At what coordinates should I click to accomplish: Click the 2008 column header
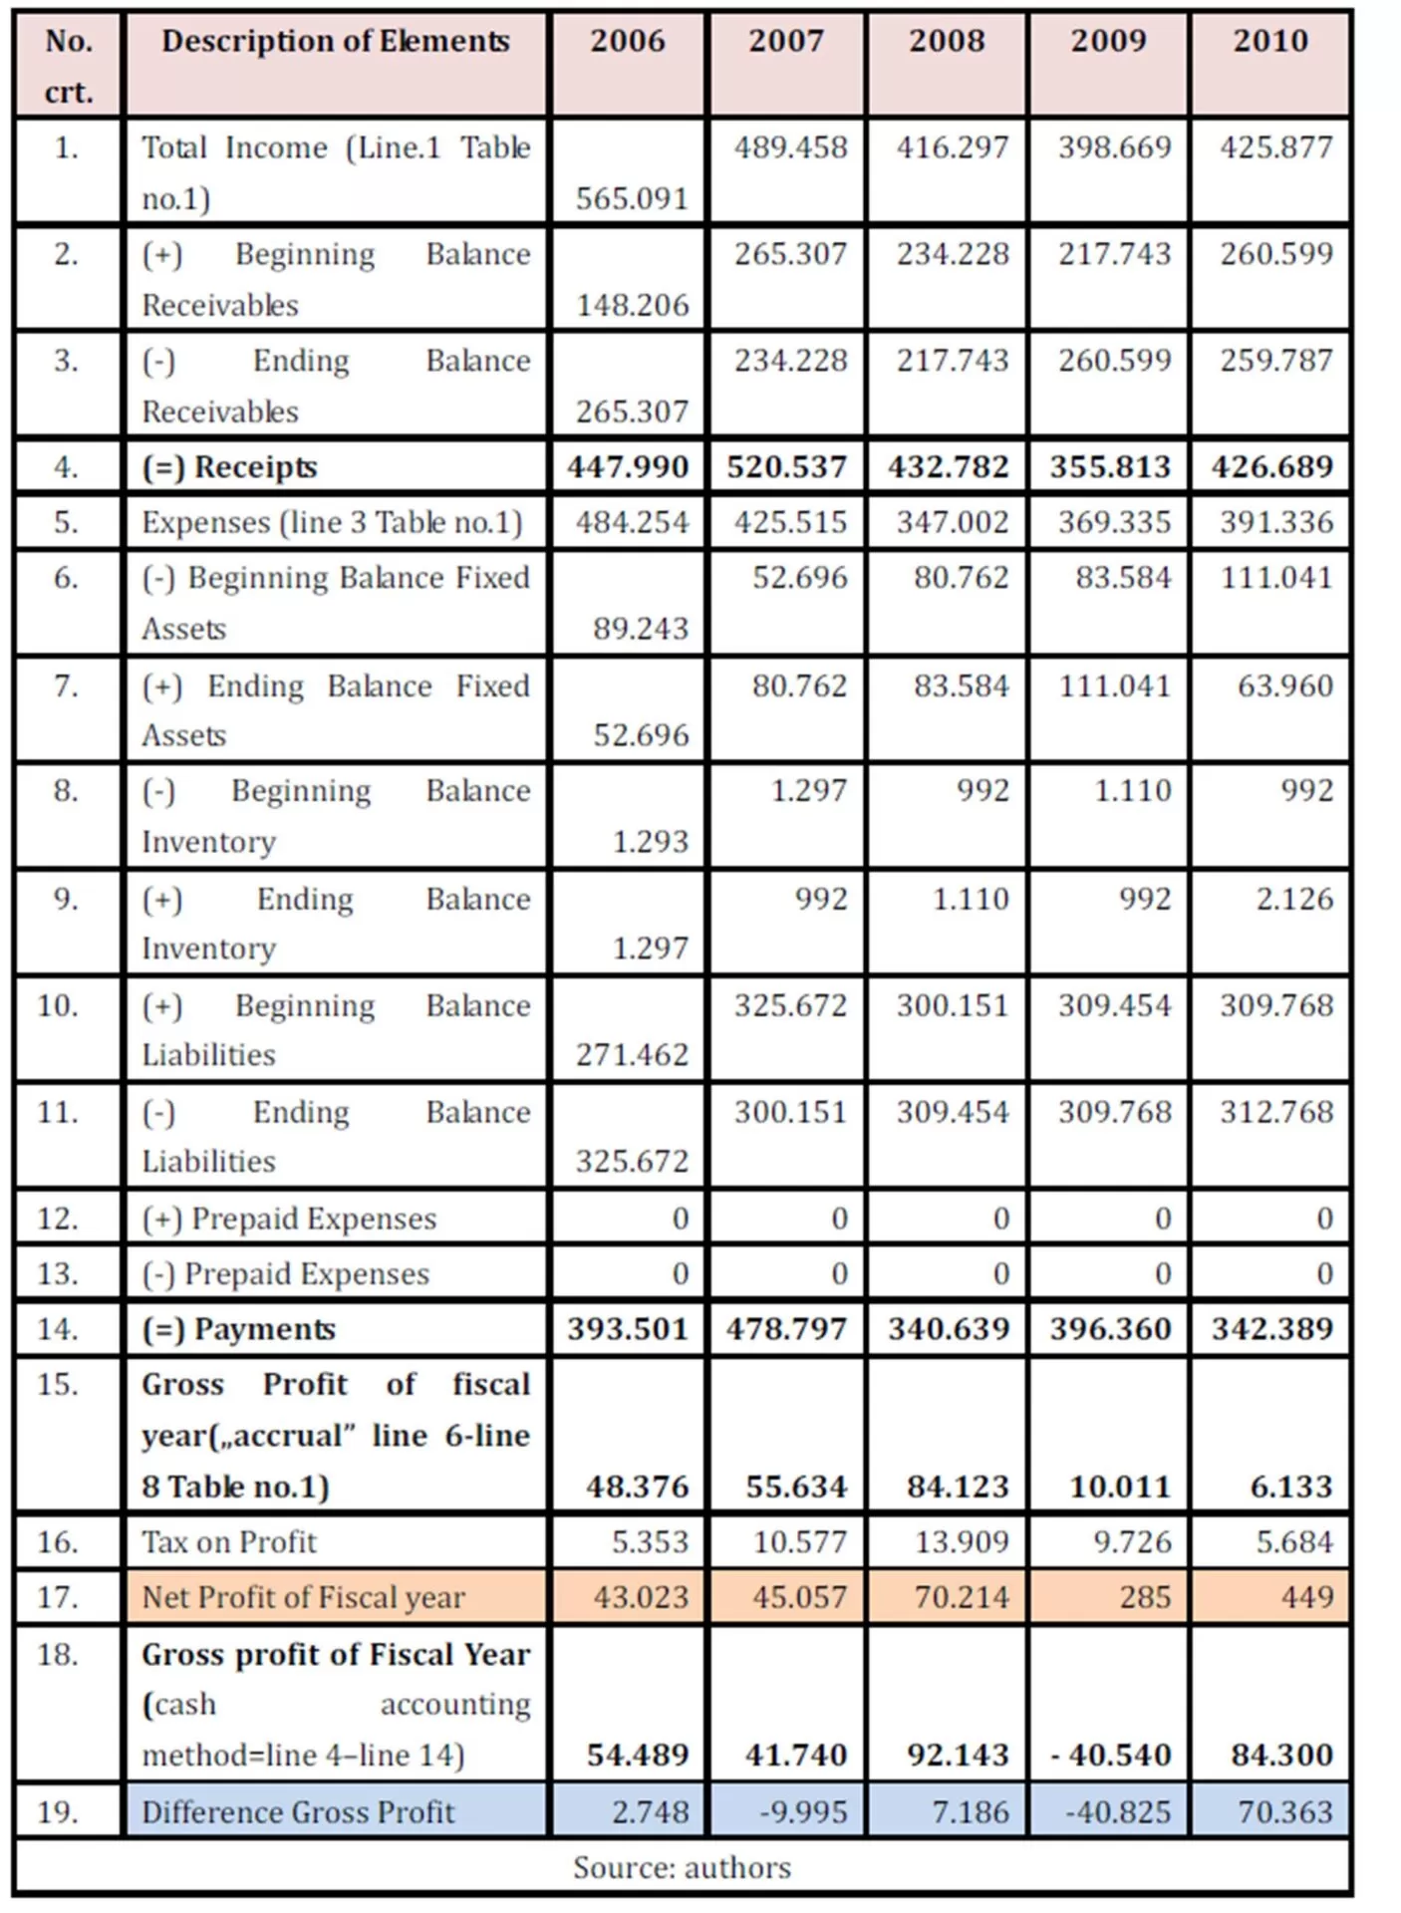click(x=946, y=42)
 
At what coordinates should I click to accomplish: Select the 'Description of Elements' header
click(x=335, y=42)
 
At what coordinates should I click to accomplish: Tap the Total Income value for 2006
click(x=632, y=198)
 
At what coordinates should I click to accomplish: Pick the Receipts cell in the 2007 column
click(x=786, y=466)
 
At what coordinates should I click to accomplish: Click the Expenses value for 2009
click(x=1113, y=522)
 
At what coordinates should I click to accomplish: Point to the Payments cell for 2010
click(x=1271, y=1328)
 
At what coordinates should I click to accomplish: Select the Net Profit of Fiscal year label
click(x=303, y=1597)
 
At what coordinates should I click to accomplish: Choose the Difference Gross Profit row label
click(x=298, y=1812)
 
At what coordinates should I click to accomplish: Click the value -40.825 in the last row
click(x=1117, y=1812)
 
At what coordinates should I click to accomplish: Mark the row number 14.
click(x=58, y=1328)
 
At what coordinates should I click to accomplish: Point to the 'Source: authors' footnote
click(x=682, y=1867)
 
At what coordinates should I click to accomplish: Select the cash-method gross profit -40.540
click(x=1110, y=1755)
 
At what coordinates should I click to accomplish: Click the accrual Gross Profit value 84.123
click(x=958, y=1487)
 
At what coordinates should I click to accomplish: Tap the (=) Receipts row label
click(x=229, y=466)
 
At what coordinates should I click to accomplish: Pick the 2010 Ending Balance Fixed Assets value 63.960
click(x=1284, y=685)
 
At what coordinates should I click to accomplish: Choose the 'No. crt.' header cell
click(x=68, y=66)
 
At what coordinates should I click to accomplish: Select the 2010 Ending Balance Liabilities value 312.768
click(x=1275, y=1112)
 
